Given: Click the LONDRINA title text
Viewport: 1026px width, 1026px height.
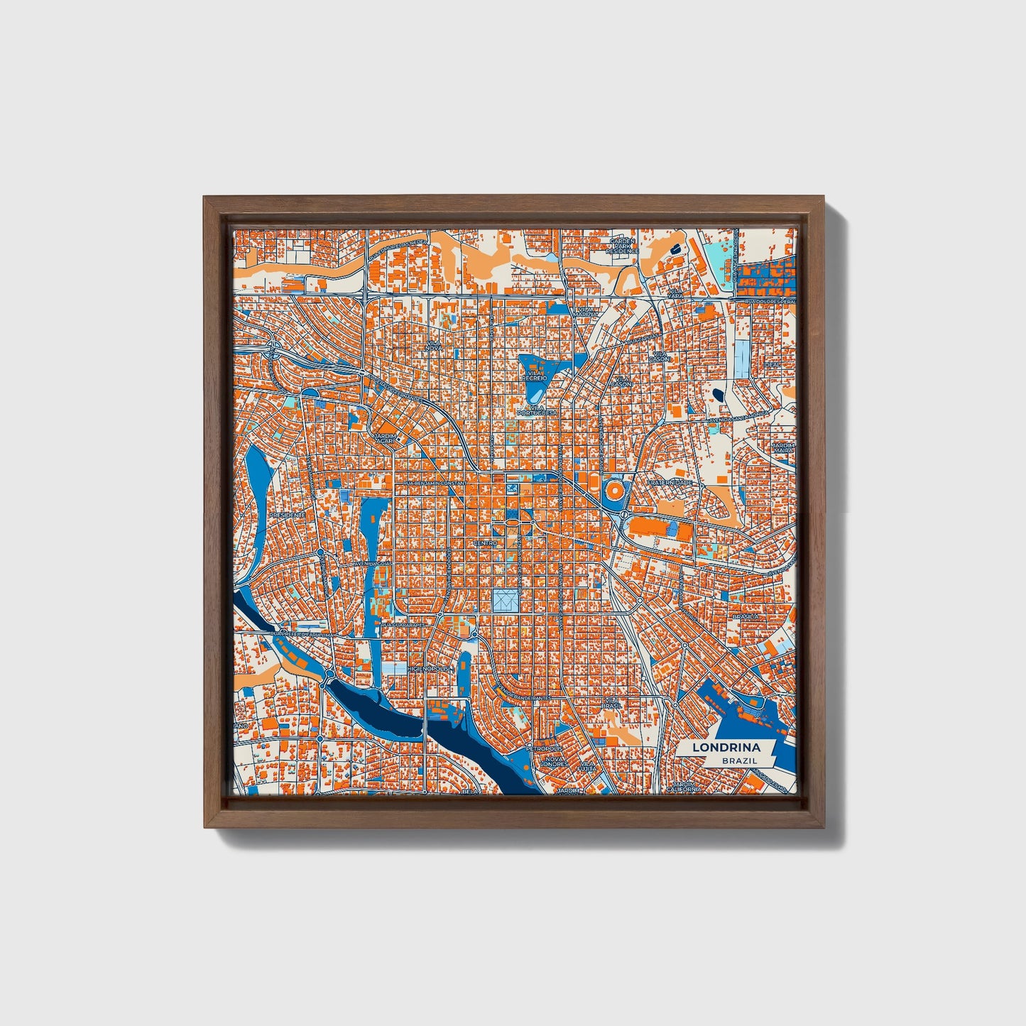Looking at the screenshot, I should [727, 748].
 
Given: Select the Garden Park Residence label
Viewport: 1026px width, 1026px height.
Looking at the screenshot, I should [623, 246].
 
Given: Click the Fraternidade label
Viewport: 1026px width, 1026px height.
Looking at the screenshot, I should [669, 482].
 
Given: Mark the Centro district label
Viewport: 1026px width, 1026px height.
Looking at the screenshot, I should [486, 543].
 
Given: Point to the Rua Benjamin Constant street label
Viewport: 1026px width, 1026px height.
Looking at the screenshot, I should [436, 483].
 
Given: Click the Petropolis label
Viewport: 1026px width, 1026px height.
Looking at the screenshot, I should [545, 748].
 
